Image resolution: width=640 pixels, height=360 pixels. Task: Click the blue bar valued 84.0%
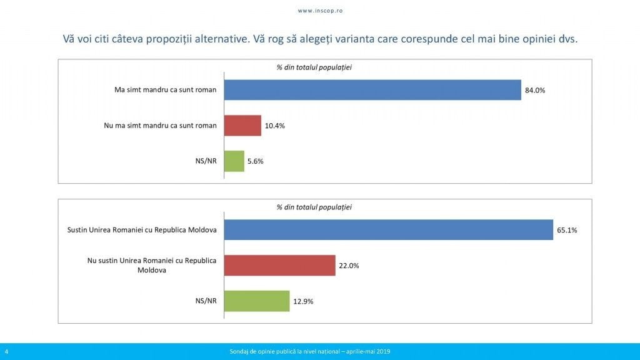point(372,90)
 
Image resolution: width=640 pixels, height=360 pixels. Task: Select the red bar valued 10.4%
point(242,125)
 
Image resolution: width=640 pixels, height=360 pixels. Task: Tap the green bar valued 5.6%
point(234,161)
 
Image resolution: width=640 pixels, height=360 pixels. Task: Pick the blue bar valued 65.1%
point(389,230)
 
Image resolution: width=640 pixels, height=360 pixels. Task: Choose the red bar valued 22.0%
point(279,265)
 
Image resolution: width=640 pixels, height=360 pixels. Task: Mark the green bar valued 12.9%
point(257,301)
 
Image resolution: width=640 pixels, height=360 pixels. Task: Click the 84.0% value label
point(535,90)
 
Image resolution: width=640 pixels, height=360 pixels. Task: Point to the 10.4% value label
point(275,126)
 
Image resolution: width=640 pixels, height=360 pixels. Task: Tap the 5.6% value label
point(256,161)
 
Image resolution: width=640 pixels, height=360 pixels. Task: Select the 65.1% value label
point(567,230)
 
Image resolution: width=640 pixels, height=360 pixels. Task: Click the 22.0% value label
point(349,266)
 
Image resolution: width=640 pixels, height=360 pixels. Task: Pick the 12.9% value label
point(303,301)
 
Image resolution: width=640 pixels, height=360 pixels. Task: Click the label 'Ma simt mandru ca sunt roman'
point(165,90)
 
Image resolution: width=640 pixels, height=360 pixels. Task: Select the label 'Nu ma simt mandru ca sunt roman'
point(160,125)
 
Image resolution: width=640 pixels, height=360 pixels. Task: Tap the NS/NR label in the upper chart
point(206,161)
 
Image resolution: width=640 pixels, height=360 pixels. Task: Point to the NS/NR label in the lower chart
point(206,301)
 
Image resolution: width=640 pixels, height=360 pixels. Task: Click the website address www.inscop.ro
point(321,11)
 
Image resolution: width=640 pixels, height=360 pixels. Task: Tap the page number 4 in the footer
point(6,351)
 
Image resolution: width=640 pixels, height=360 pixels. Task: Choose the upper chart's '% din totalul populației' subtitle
point(314,67)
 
